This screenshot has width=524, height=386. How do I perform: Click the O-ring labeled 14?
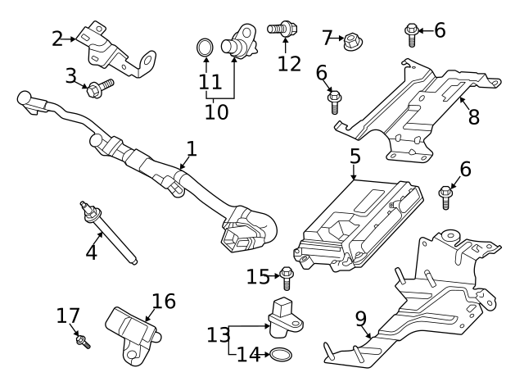point(281,355)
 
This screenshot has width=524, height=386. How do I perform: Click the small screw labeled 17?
point(83,340)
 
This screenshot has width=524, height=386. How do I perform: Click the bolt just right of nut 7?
point(412,34)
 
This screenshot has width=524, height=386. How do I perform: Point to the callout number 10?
point(216,111)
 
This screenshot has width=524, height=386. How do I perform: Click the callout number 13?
point(219,334)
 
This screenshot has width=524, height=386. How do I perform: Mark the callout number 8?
point(473,116)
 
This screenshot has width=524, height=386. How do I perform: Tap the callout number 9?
point(361,317)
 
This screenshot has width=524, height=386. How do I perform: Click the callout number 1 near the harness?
point(191,149)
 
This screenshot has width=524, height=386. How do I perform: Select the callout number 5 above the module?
point(354,155)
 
